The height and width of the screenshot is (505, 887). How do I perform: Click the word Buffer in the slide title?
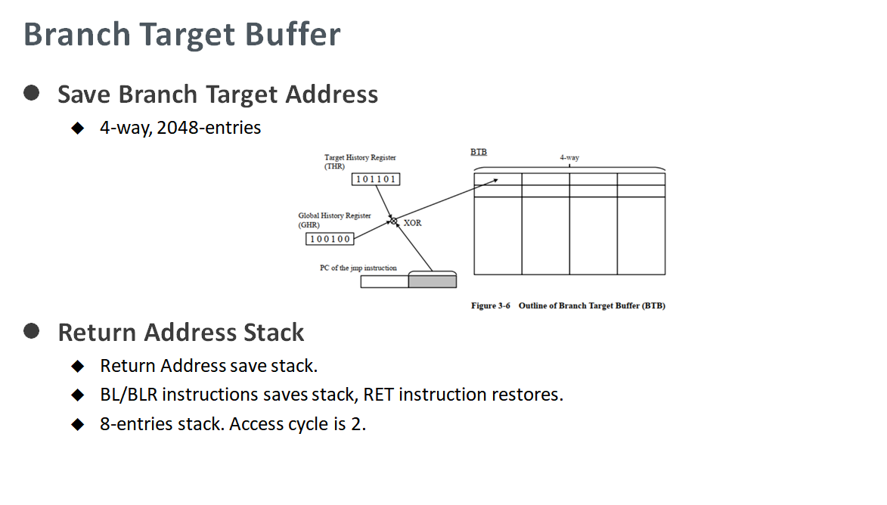click(x=293, y=34)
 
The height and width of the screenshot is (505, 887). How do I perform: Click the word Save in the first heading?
click(x=84, y=94)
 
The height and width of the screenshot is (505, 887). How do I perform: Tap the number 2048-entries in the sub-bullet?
click(x=209, y=128)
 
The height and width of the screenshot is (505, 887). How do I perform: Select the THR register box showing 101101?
click(x=376, y=179)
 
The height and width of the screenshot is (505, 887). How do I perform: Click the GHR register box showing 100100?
click(x=330, y=239)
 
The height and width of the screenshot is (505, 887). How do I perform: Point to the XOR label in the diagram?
click(x=412, y=223)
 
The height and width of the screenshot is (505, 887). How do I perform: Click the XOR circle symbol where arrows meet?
click(x=394, y=221)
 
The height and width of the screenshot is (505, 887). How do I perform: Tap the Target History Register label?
click(x=360, y=162)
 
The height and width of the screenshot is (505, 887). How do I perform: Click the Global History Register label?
click(x=334, y=220)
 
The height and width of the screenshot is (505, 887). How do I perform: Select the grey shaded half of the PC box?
click(x=433, y=281)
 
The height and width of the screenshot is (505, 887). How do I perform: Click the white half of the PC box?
click(x=385, y=281)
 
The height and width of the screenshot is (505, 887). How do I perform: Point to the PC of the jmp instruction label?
click(x=358, y=268)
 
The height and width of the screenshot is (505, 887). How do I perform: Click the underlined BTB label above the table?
click(x=479, y=152)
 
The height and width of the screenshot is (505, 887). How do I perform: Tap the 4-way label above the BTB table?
click(x=569, y=158)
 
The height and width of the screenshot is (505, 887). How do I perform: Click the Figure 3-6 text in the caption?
click(x=491, y=306)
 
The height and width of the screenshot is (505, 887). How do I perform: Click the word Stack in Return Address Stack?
click(x=274, y=333)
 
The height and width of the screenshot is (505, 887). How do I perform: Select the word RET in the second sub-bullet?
click(x=378, y=395)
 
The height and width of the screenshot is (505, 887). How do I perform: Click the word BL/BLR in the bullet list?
click(x=129, y=395)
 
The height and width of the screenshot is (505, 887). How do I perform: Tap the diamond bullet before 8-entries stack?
click(x=77, y=424)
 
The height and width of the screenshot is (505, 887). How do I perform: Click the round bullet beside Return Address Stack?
click(x=32, y=331)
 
